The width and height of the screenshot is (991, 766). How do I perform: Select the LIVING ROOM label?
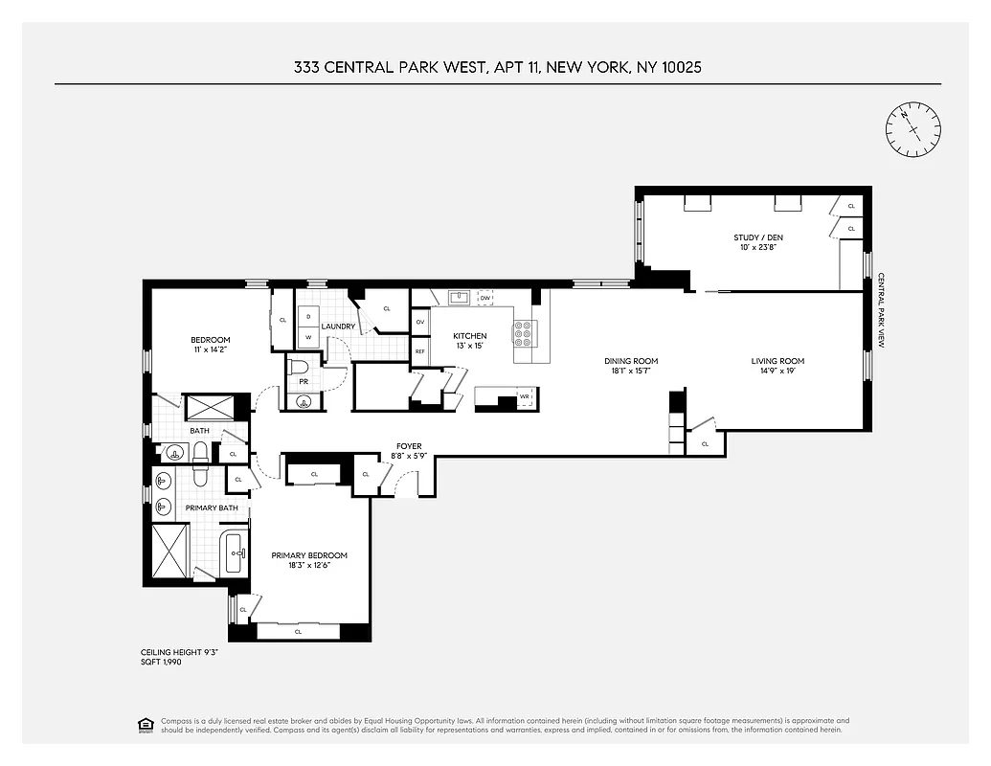(777, 361)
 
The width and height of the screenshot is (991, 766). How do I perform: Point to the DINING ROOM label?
(631, 361)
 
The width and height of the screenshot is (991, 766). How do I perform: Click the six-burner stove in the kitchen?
(524, 332)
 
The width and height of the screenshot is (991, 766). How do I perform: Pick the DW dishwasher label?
(485, 298)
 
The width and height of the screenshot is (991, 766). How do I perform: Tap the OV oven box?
(420, 322)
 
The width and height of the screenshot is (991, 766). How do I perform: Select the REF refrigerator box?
(420, 351)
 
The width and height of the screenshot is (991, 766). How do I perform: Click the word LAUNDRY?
(339, 327)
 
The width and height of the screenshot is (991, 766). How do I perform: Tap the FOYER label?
(409, 446)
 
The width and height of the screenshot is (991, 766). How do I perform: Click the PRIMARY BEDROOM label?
(308, 555)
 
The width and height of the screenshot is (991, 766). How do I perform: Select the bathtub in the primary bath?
(234, 554)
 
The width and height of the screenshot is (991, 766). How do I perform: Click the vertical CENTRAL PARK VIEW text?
(882, 310)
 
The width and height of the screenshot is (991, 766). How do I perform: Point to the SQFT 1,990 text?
(161, 662)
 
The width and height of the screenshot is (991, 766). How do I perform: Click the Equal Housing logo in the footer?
(145, 724)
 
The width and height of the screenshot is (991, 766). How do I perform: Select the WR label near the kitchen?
(524, 395)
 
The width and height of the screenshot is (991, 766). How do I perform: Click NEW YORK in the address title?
(583, 67)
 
